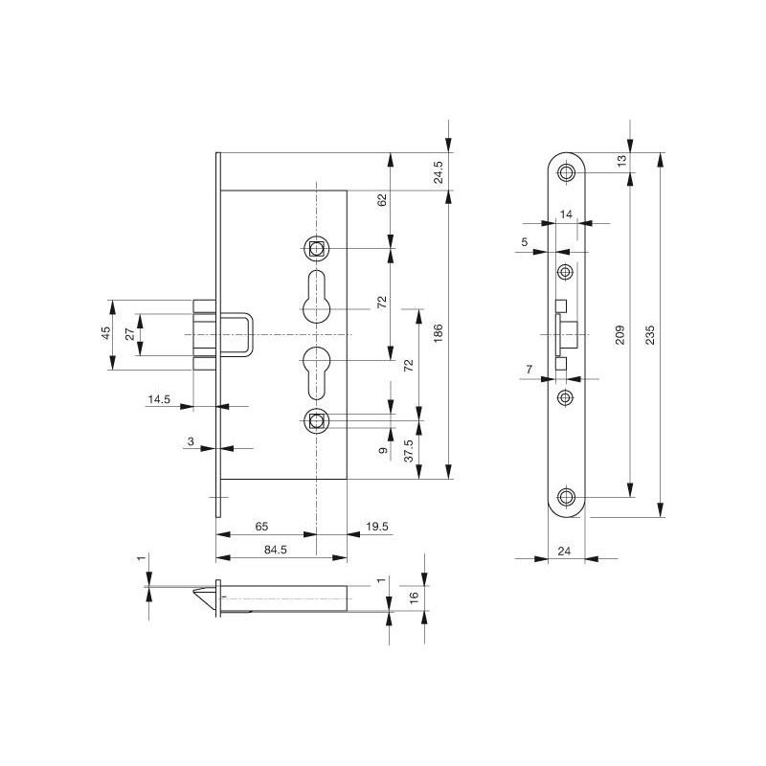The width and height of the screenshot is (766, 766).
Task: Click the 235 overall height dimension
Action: [x=650, y=334]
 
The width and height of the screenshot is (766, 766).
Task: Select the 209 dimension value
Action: [x=620, y=334]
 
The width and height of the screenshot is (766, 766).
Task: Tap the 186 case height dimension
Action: [x=439, y=332]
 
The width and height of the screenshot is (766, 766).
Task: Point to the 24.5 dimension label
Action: [x=439, y=172]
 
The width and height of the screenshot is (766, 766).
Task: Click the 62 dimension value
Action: [x=382, y=200]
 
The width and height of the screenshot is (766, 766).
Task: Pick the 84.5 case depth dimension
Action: [x=276, y=550]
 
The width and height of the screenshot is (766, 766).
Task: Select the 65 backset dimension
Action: [x=261, y=526]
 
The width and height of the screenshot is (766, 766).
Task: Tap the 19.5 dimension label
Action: [x=377, y=526]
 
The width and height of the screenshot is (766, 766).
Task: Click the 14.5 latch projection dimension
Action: [x=159, y=399]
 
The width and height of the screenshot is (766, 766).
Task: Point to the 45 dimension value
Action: [x=106, y=333]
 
